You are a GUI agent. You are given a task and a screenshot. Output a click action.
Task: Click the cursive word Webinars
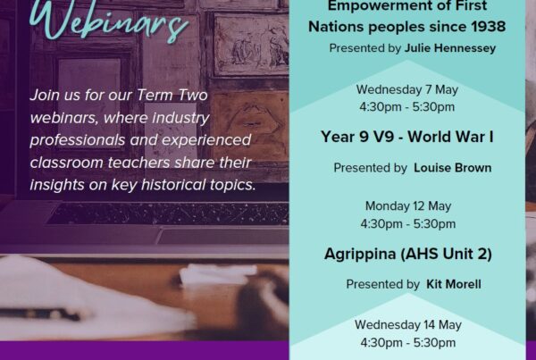[109, 21]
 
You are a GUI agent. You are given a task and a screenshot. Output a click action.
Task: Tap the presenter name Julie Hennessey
[450, 48]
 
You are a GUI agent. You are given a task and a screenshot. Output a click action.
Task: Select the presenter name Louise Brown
[453, 168]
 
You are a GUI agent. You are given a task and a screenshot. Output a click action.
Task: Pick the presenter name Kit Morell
[454, 284]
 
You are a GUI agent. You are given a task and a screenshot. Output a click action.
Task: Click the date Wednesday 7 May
[407, 89]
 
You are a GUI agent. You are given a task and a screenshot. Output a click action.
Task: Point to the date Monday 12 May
[408, 206]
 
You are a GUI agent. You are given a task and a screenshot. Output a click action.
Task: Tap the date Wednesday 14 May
[408, 324]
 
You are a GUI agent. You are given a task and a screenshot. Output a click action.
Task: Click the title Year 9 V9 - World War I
[407, 137]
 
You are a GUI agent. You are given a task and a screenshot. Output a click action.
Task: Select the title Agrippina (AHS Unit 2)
[408, 254]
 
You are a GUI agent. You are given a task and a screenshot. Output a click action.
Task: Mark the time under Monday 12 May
[408, 224]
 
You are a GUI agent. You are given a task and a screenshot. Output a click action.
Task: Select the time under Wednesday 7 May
[406, 107]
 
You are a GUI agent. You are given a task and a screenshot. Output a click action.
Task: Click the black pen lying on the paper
[40, 314]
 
